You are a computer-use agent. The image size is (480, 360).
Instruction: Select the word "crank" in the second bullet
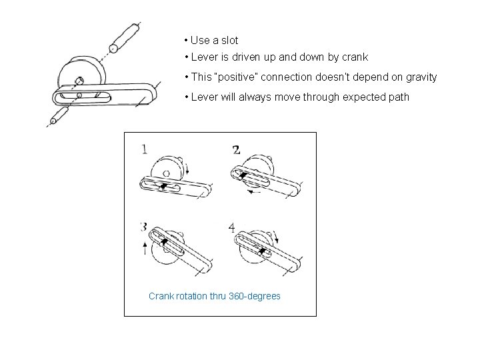coord(354,57)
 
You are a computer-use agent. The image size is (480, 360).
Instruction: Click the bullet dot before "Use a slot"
coord(186,40)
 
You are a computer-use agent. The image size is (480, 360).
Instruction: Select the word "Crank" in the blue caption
coord(162,295)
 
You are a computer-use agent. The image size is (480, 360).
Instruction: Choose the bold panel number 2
coord(236,150)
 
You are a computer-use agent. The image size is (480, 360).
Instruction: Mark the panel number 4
coord(231,227)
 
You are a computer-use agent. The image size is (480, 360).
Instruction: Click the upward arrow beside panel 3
coord(145,249)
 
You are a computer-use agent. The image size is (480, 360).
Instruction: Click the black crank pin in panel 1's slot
coord(164,185)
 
